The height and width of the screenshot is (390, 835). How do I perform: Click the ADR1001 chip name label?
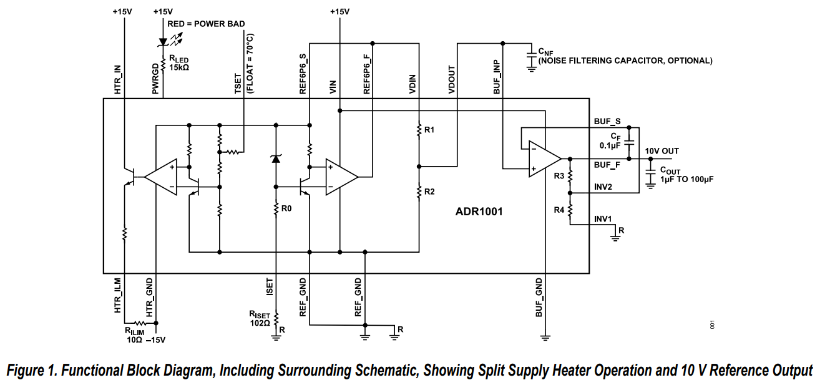coord(479,212)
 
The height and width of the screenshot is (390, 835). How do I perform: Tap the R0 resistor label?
coord(286,208)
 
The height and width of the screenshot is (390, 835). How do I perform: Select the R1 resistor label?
coord(429,130)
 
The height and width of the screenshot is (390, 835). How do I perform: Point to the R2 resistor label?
coord(429,192)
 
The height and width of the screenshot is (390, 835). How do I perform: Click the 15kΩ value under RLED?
coord(179,67)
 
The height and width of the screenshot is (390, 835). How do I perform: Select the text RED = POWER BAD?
coord(206,24)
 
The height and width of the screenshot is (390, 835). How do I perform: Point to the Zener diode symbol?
coord(275,158)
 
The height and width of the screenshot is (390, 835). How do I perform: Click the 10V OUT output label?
coord(662,151)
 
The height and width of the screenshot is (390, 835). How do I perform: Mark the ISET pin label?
coord(270,286)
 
